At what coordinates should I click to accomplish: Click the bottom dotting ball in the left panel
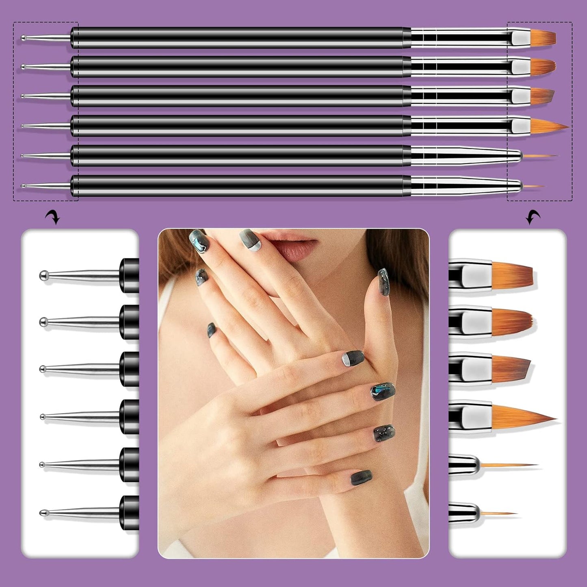tap(42, 513)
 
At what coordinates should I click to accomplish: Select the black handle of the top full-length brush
tap(240, 38)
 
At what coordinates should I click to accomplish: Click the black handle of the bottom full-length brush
tap(240, 186)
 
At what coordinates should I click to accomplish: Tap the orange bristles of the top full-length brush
tap(543, 38)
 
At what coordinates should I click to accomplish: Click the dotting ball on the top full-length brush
tap(24, 38)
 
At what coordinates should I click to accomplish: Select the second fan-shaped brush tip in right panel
tap(513, 320)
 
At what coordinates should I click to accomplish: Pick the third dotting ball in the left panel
tap(43, 369)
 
